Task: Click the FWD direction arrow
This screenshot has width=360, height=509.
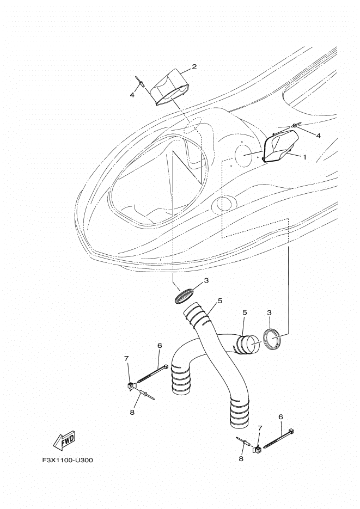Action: pyautogui.click(x=64, y=440)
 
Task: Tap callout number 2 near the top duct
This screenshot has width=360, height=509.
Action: pyautogui.click(x=194, y=67)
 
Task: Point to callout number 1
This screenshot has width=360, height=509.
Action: pyautogui.click(x=304, y=157)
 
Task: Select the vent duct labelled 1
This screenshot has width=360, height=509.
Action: pyautogui.click(x=280, y=145)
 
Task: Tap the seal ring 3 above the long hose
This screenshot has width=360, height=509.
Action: pyautogui.click(x=185, y=295)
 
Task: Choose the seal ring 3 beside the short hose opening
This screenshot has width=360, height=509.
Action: pyautogui.click(x=271, y=339)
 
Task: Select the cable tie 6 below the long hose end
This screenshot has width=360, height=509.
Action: pyautogui.click(x=279, y=438)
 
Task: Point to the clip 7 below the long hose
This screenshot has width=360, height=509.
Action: pyautogui.click(x=257, y=450)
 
